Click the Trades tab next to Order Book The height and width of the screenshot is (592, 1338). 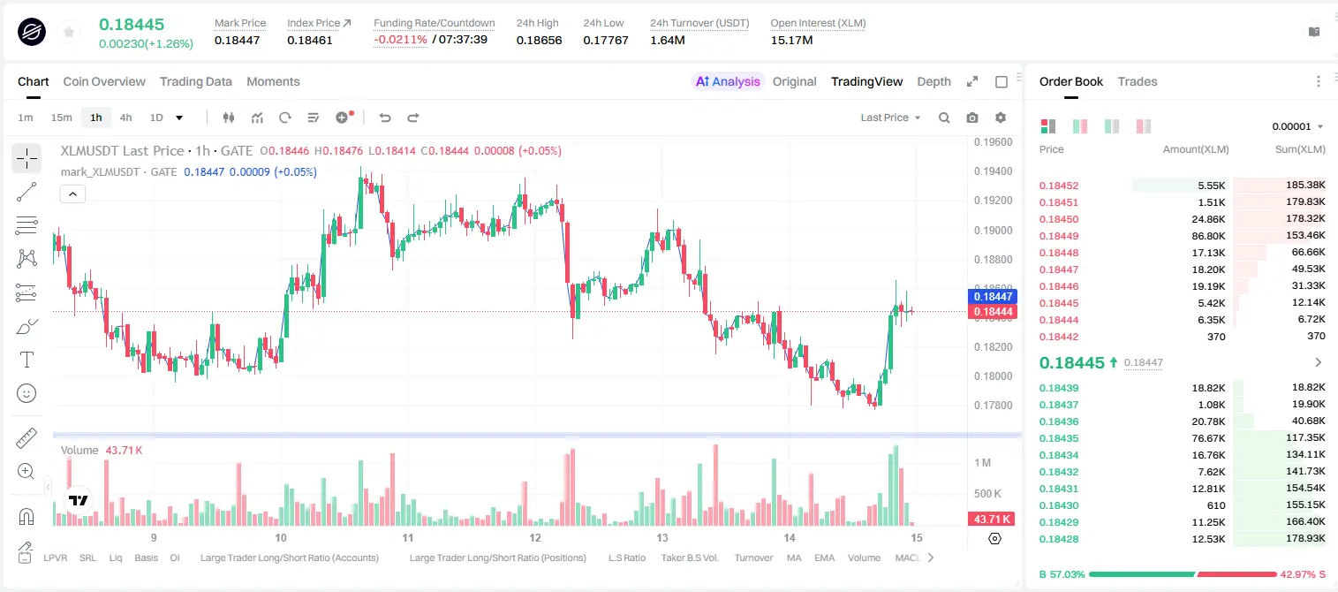tap(1138, 81)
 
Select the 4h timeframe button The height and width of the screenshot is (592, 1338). tap(125, 118)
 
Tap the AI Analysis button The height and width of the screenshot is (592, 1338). tap(728, 81)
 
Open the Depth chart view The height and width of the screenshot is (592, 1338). tap(934, 81)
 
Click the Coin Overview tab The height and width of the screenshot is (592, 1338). tap(104, 81)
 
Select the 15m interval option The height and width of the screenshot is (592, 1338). tap(61, 118)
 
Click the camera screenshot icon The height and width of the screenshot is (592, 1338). tap(972, 118)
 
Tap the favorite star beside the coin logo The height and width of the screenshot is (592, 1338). tap(69, 32)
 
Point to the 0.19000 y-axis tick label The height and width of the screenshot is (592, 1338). tap(993, 230)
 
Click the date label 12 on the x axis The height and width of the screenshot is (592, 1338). tap(534, 537)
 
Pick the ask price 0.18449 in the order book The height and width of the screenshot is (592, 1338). tap(1058, 236)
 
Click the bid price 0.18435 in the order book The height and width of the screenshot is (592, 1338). tap(1058, 438)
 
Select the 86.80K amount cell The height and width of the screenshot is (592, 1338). tap(1208, 236)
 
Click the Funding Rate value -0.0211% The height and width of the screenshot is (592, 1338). tap(400, 40)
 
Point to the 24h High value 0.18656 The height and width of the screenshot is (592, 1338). tap(539, 40)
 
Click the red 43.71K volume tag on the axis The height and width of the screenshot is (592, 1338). tap(991, 520)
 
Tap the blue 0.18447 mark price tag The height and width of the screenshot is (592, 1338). tap(992, 296)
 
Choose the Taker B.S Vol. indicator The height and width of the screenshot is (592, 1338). tap(689, 558)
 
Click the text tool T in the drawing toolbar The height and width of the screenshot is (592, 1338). tap(26, 360)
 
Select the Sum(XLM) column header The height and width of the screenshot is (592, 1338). tap(1300, 149)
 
